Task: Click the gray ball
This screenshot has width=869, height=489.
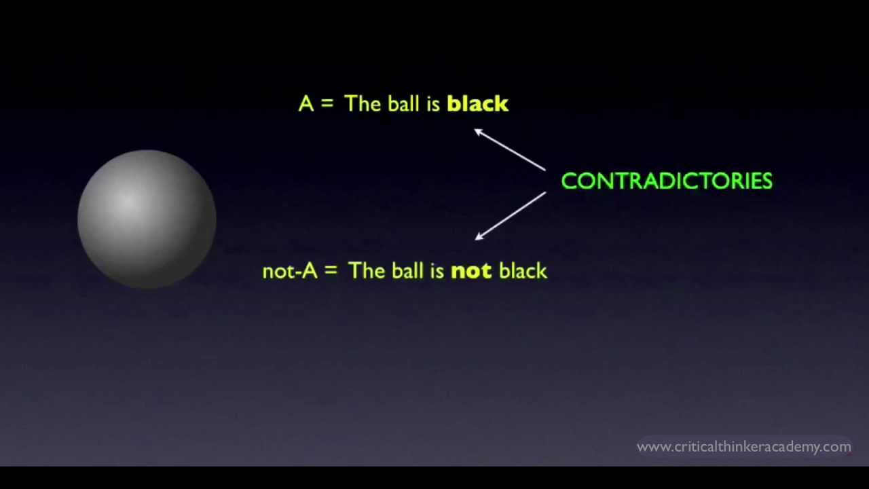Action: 147,219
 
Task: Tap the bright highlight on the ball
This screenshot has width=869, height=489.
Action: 128,201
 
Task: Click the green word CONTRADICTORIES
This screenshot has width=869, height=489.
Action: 667,181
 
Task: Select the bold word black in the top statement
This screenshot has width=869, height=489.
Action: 477,104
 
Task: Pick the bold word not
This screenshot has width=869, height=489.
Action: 470,271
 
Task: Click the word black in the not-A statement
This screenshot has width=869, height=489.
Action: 523,271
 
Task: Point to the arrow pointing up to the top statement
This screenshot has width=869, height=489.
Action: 510,149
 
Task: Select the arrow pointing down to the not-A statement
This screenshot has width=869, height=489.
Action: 510,216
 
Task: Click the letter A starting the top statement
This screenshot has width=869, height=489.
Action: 306,104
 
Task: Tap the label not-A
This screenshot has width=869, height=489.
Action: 289,271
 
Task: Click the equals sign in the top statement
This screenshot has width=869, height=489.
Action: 327,104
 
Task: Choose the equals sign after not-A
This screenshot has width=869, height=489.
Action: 331,271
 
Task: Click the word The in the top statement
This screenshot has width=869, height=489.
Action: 363,104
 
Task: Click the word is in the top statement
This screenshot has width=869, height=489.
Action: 433,104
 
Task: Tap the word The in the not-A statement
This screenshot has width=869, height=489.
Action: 367,271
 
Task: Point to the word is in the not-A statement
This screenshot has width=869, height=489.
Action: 437,271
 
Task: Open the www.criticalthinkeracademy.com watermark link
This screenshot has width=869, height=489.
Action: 743,447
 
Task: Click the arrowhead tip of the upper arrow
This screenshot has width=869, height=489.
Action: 475,130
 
